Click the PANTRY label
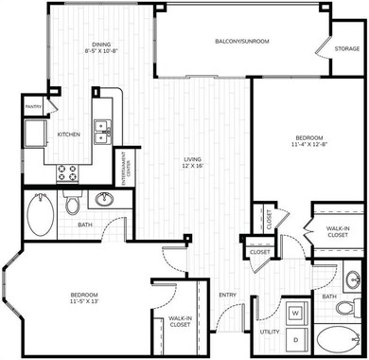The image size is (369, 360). (x=30, y=107)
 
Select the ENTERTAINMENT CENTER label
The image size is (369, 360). (x=125, y=171)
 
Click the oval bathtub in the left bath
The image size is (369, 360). (x=42, y=217)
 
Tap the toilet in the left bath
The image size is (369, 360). (x=73, y=204)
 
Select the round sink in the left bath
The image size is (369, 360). (x=104, y=200)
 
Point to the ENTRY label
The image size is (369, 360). (x=227, y=295)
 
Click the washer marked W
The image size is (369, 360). (x=294, y=312)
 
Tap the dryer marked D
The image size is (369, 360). (x=294, y=338)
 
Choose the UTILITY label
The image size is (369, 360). (x=269, y=333)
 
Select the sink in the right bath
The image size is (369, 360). (x=353, y=280)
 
